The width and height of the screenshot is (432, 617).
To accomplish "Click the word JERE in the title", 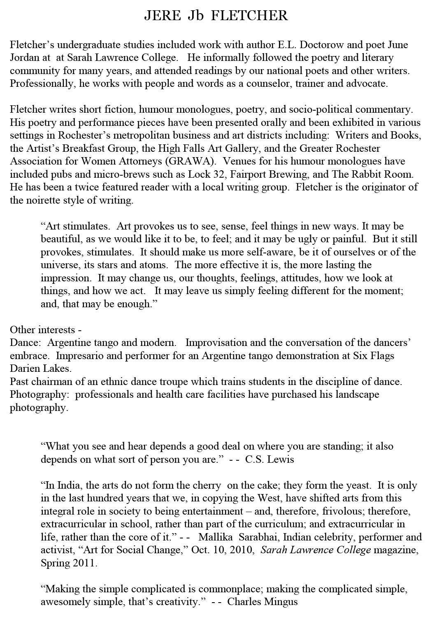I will (x=162, y=16).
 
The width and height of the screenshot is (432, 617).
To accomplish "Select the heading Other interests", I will (x=43, y=330).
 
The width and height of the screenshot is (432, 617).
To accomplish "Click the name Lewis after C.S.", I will (x=281, y=459).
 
